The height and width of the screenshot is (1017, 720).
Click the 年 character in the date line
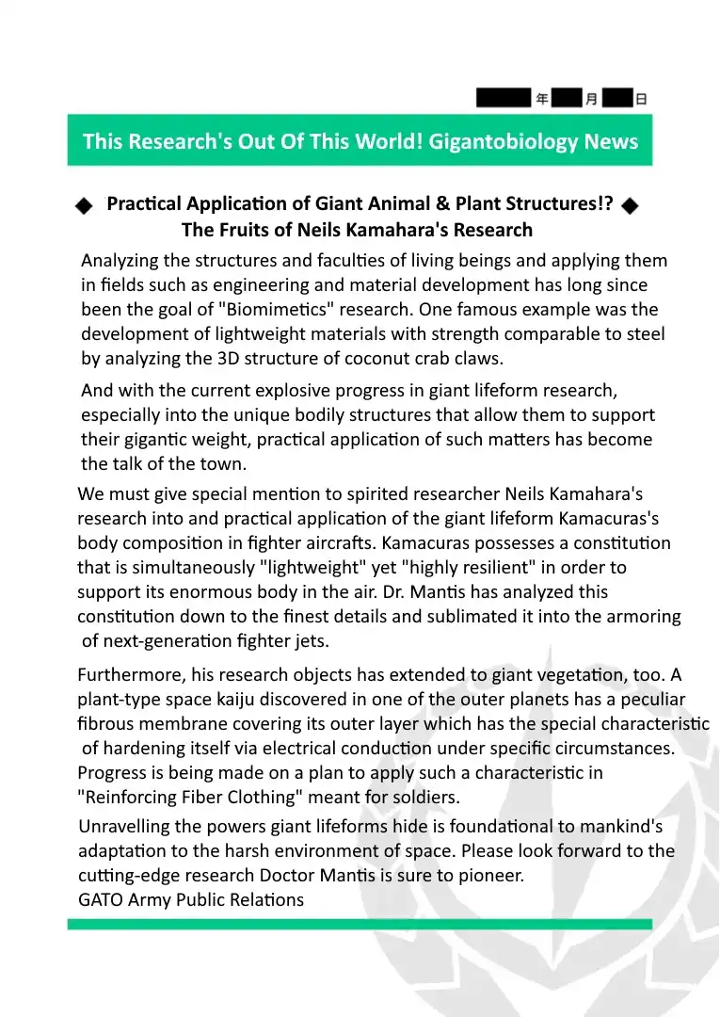click(x=542, y=98)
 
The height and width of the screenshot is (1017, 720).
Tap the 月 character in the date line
click(x=591, y=98)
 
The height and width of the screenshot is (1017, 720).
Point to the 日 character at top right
click(x=641, y=98)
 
